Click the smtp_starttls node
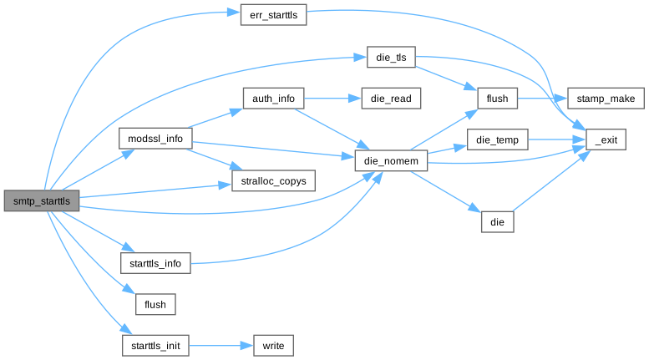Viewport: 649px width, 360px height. [x=42, y=201]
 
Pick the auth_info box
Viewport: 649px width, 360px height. [x=272, y=98]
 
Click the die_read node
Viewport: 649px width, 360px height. [x=391, y=98]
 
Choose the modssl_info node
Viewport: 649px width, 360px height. [x=156, y=139]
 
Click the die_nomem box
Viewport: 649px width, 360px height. [x=392, y=159]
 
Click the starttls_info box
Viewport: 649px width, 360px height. [x=156, y=264]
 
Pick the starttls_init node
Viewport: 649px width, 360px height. [x=156, y=344]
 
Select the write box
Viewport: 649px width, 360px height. [x=272, y=344]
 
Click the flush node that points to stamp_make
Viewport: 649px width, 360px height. [x=498, y=98]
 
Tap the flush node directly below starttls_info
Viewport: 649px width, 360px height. [x=156, y=304]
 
